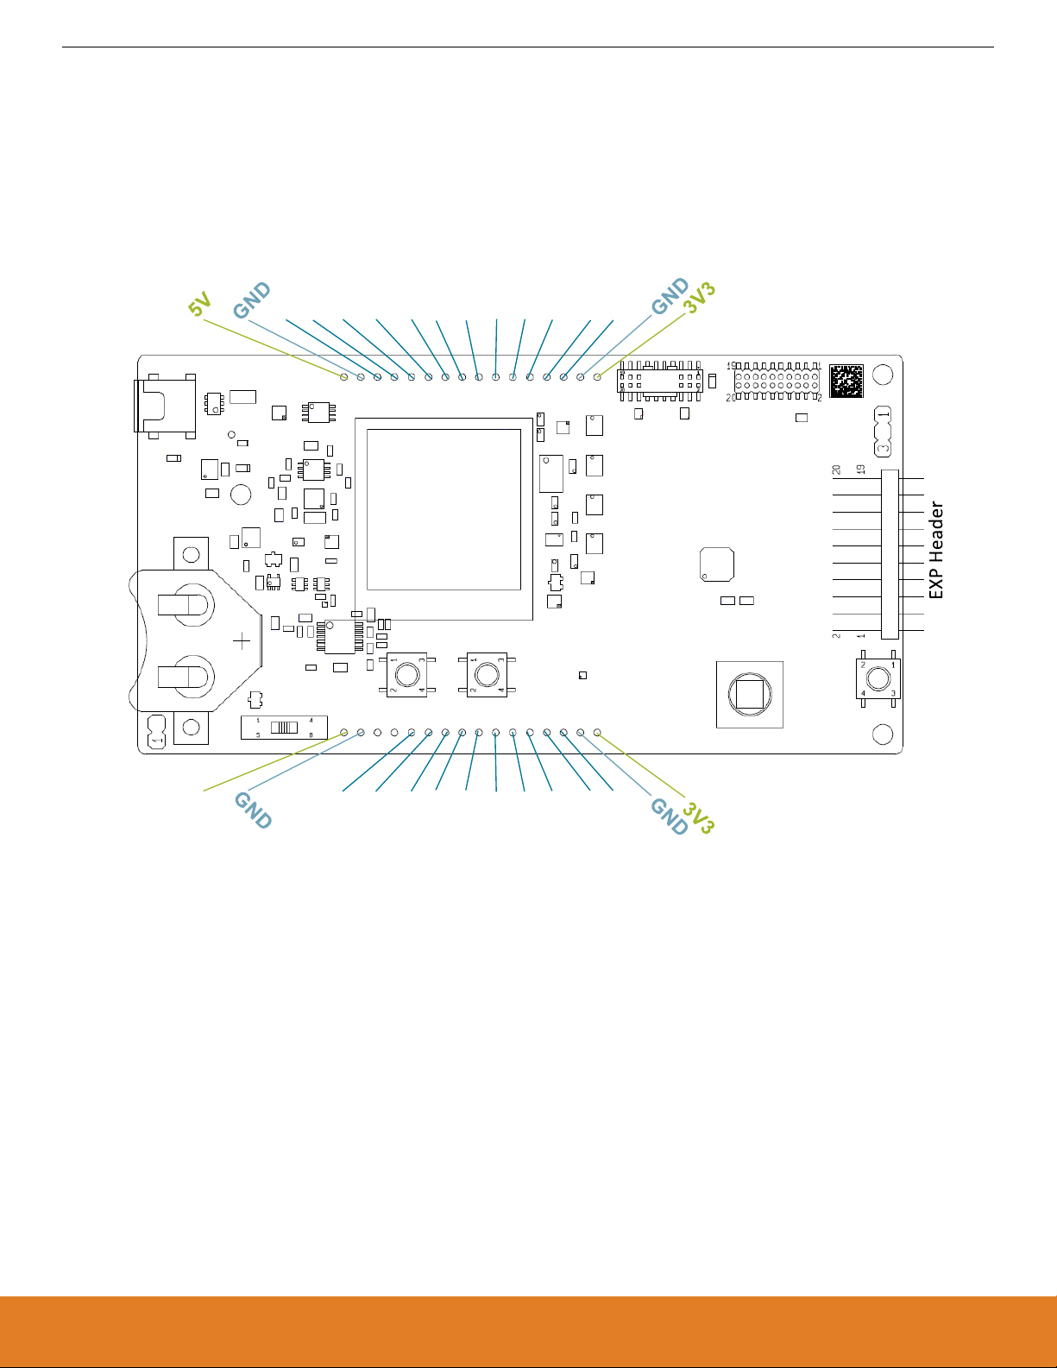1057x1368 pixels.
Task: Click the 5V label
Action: click(200, 306)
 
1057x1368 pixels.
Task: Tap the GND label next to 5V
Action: click(252, 300)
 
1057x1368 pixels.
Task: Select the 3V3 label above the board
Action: click(700, 298)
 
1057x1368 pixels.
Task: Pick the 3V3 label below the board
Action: click(699, 817)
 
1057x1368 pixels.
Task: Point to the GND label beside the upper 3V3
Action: click(670, 296)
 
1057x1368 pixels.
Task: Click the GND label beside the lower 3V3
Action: click(669, 816)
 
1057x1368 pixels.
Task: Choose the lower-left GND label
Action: click(253, 810)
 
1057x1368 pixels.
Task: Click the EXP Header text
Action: click(936, 551)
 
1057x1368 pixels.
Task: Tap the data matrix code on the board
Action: click(846, 381)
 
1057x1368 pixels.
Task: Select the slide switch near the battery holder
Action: click(283, 727)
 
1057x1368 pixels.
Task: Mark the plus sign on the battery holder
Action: click(242, 640)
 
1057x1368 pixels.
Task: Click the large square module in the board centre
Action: click(444, 519)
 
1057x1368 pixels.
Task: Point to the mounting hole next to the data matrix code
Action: click(883, 375)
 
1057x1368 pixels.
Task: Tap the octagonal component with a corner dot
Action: click(717, 564)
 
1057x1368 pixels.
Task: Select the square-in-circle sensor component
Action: click(749, 694)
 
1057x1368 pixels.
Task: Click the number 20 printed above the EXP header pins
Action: click(836, 470)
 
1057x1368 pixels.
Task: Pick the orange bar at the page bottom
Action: click(528, 1331)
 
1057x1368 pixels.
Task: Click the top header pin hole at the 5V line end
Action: click(344, 376)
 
